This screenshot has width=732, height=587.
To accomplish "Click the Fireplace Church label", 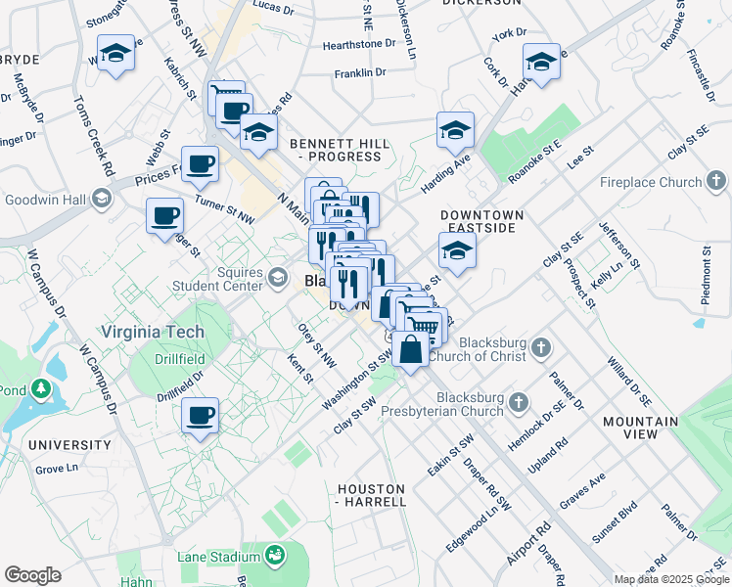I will pyautogui.click(x=651, y=182).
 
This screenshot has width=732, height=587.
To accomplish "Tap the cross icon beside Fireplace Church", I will pyautogui.click(x=717, y=181).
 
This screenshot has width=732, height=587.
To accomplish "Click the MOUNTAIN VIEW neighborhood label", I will pyautogui.click(x=640, y=428).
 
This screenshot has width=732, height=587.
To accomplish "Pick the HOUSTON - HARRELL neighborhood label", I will pyautogui.click(x=371, y=495).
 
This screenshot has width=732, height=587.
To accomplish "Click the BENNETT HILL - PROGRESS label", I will pyautogui.click(x=340, y=150).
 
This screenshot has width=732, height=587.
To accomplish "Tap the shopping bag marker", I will pyautogui.click(x=411, y=349).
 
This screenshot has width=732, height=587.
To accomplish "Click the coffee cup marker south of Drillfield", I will pyautogui.click(x=200, y=417).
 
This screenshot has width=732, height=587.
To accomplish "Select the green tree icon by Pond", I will pyautogui.click(x=40, y=388).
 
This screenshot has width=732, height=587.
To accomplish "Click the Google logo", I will pyautogui.click(x=32, y=575).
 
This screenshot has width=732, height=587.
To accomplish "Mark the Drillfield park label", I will pyautogui.click(x=179, y=359).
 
